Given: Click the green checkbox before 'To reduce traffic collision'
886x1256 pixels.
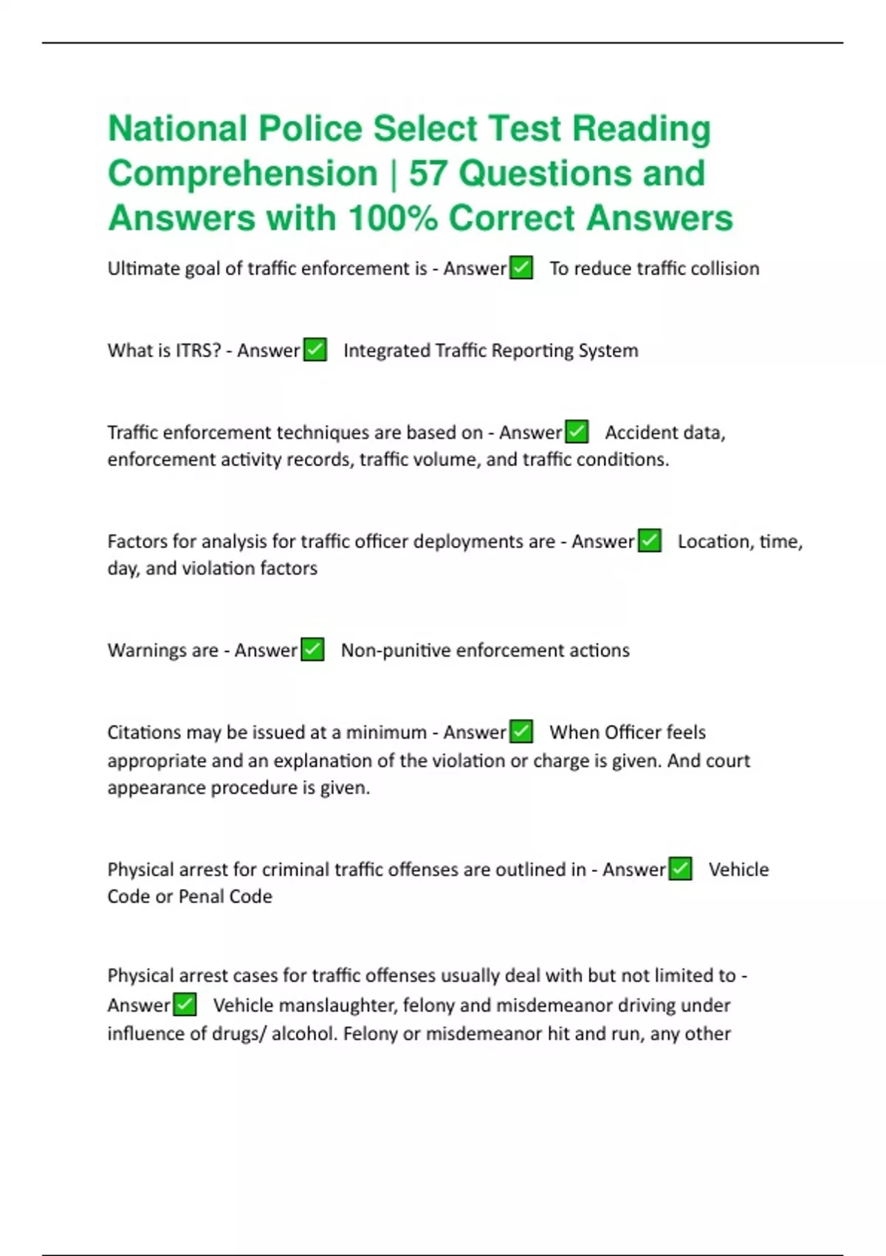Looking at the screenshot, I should tap(521, 267).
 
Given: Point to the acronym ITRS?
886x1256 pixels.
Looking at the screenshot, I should tap(198, 350).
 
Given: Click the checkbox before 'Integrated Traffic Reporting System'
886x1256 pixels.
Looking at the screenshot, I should tap(315, 349).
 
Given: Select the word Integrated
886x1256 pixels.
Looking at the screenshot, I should tap(387, 350).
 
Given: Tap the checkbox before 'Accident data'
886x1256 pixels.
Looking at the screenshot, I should tap(577, 431).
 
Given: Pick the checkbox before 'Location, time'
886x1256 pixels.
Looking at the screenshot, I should tap(650, 541).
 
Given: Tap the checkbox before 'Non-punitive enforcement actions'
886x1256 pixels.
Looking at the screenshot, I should tap(313, 649).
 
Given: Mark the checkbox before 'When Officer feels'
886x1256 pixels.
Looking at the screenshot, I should tap(521, 731).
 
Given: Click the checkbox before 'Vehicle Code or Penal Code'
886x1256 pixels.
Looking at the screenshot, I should tap(680, 869).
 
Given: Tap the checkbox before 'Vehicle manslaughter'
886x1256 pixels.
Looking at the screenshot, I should tap(185, 1005).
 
